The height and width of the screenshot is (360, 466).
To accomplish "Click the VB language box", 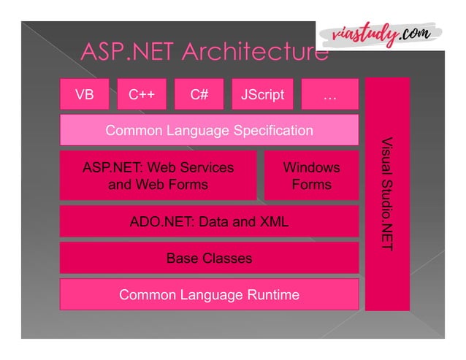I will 84,94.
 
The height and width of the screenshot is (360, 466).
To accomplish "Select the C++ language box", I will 142,94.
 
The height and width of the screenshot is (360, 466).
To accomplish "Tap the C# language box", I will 199,94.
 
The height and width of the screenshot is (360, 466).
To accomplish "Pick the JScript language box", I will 262,94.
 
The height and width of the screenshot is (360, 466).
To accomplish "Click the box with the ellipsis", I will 329,94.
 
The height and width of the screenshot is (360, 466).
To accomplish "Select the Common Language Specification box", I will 209,131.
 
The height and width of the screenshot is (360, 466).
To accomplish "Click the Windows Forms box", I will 312,176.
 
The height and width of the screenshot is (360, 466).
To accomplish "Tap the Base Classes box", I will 209,258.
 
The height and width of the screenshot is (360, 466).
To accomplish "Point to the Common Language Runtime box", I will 209,295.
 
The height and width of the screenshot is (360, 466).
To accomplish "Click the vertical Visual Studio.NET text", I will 387,194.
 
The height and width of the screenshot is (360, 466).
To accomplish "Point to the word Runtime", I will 271,295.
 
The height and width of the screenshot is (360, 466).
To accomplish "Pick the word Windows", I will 312,167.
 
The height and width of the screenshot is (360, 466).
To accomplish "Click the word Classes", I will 228,258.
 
